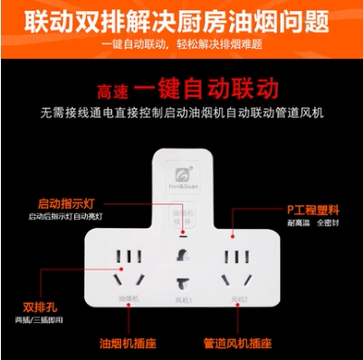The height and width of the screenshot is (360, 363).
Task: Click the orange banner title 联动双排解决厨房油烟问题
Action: click(x=181, y=19)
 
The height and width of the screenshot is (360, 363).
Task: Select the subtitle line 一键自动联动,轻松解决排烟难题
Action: click(x=181, y=45)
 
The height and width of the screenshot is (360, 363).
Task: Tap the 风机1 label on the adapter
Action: click(x=183, y=298)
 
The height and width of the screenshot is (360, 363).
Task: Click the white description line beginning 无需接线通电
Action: click(x=181, y=114)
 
